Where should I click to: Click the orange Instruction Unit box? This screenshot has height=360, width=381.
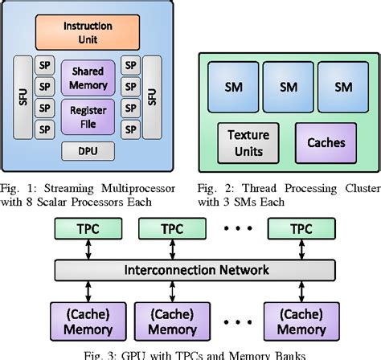click(88, 32)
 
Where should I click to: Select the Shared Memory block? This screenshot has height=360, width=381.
click(88, 78)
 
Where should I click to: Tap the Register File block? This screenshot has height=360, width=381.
click(88, 117)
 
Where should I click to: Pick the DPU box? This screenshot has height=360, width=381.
click(88, 151)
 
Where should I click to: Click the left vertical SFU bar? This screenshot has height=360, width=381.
click(23, 97)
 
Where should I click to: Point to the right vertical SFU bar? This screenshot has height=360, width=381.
click(152, 97)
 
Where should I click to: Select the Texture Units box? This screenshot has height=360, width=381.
click(248, 143)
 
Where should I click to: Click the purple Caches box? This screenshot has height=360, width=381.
click(326, 143)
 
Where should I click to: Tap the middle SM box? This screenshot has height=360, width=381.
click(289, 87)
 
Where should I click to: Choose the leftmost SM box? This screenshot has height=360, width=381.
click(233, 87)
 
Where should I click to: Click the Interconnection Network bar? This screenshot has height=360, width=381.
click(195, 270)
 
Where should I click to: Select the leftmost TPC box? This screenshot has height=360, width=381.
click(88, 228)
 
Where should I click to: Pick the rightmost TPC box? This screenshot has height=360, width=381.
click(301, 228)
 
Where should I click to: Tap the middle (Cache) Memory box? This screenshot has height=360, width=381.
click(172, 321)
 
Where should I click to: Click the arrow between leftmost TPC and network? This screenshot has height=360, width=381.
click(88, 249)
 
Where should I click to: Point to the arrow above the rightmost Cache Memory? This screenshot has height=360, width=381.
click(301, 292)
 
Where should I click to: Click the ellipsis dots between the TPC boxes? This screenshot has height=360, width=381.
click(238, 228)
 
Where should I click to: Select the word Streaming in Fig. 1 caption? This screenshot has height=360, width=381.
click(69, 189)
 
